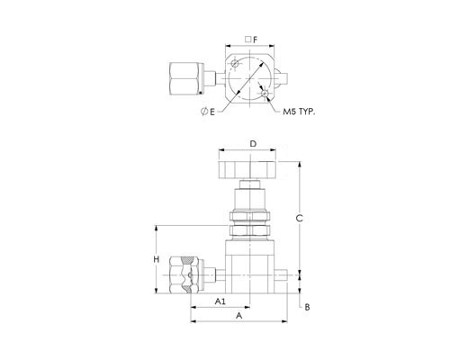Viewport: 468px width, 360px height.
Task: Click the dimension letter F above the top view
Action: tap(255, 40)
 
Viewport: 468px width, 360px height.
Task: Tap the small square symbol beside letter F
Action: tap(247, 39)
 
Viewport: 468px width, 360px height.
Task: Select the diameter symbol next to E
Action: tap(204, 112)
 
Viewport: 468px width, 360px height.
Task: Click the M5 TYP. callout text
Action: tap(299, 112)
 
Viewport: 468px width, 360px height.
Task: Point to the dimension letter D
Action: tap(254, 144)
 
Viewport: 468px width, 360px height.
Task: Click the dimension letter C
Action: tap(299, 219)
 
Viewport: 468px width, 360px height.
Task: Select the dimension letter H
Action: tap(157, 259)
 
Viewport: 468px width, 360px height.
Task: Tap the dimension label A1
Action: tap(220, 301)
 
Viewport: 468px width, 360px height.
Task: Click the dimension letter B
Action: tap(307, 307)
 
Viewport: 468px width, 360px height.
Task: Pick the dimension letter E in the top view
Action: tap(212, 112)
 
